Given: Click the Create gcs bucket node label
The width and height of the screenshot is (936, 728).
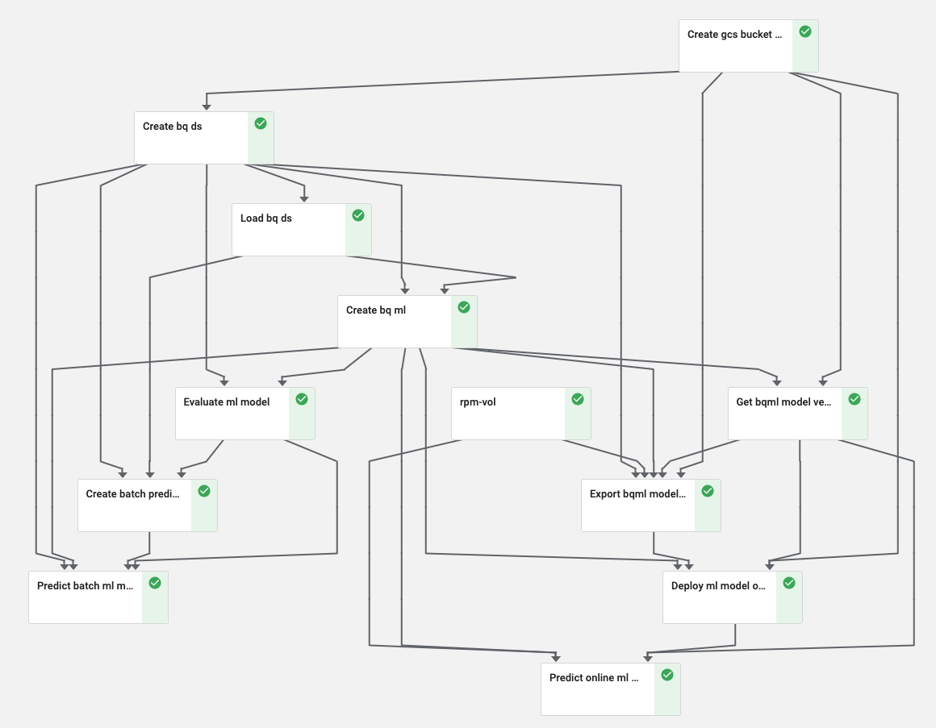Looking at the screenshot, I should click(x=734, y=35).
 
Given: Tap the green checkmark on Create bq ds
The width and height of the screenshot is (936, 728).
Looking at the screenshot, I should click(x=261, y=123).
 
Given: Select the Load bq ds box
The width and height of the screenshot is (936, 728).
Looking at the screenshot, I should click(x=289, y=230).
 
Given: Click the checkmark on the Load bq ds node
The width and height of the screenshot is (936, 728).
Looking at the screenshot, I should click(x=358, y=215).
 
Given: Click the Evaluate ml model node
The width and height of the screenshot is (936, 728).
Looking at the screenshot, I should click(x=232, y=414).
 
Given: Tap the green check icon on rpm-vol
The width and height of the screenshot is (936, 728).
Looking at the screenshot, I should click(x=578, y=399).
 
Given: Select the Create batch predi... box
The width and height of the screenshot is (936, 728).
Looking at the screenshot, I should click(x=135, y=505).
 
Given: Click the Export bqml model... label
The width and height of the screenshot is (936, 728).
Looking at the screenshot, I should click(x=637, y=494).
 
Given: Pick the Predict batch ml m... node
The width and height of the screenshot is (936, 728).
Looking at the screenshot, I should click(x=86, y=597).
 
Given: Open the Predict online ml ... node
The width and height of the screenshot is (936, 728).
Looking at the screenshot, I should click(x=598, y=689).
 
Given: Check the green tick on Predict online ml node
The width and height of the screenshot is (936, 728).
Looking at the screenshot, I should click(x=667, y=675).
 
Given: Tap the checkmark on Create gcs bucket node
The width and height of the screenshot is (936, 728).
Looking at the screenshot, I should click(x=805, y=31).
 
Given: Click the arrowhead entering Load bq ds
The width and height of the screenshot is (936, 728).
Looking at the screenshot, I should click(x=304, y=198).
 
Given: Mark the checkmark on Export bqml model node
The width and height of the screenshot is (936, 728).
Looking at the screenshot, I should click(x=708, y=491).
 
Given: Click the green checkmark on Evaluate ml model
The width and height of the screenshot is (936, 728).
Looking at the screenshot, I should click(x=302, y=399).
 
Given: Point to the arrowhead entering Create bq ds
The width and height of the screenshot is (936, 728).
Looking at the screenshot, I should click(x=207, y=106).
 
